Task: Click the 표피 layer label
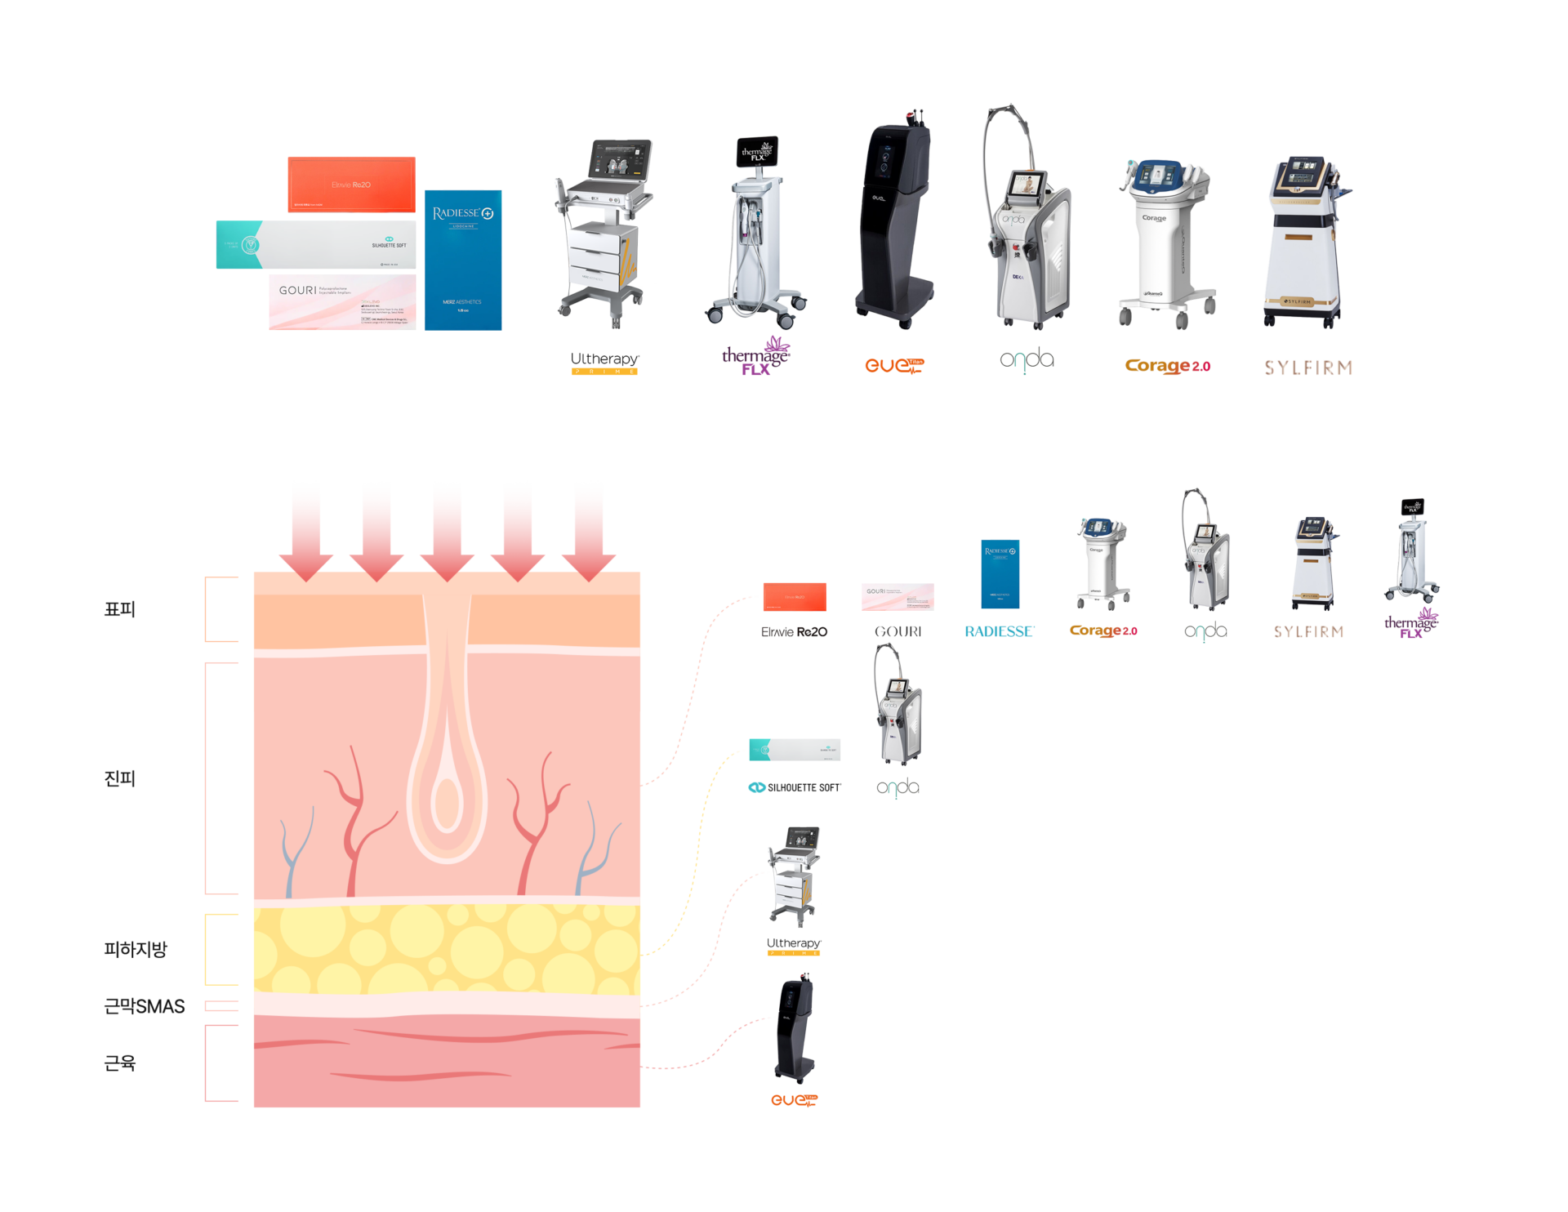click(x=119, y=609)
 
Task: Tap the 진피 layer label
click(x=119, y=778)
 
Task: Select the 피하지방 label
click(x=136, y=949)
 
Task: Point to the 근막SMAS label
click(x=145, y=1006)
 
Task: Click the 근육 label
click(x=119, y=1063)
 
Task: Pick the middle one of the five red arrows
click(x=447, y=531)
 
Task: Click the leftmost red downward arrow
click(x=305, y=531)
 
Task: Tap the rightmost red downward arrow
click(x=589, y=531)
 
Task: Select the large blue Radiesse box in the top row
click(x=463, y=260)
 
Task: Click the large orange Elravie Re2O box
click(x=351, y=185)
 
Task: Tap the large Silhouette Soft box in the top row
click(x=316, y=244)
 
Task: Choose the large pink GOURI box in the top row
click(x=342, y=302)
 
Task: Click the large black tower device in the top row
click(x=894, y=221)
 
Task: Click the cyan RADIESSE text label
click(x=1000, y=631)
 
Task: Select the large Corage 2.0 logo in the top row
click(x=1167, y=366)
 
